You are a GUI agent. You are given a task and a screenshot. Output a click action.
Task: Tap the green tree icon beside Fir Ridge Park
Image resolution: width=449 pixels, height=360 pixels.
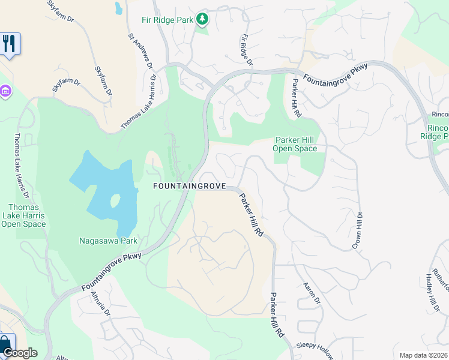(203, 19)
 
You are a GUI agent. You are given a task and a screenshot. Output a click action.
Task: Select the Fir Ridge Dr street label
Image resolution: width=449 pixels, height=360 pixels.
(246, 50)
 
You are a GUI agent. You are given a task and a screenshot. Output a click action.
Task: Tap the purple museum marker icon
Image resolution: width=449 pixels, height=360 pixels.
(5, 91)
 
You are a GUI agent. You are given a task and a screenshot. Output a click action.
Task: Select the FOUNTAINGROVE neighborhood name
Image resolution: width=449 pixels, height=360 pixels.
(189, 186)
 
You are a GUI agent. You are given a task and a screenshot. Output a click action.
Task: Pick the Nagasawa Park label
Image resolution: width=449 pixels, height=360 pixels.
(108, 241)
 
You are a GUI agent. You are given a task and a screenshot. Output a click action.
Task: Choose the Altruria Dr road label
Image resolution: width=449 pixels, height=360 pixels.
(101, 303)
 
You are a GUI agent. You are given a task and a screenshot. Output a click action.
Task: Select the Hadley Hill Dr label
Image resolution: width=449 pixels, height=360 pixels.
(429, 290)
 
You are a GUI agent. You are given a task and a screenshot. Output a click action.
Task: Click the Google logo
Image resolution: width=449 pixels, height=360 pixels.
(20, 353)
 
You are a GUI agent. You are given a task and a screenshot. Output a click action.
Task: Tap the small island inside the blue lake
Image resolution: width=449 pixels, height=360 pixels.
(115, 200)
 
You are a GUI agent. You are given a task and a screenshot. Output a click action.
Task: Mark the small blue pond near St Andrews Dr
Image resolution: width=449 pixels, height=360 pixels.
(119, 8)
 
